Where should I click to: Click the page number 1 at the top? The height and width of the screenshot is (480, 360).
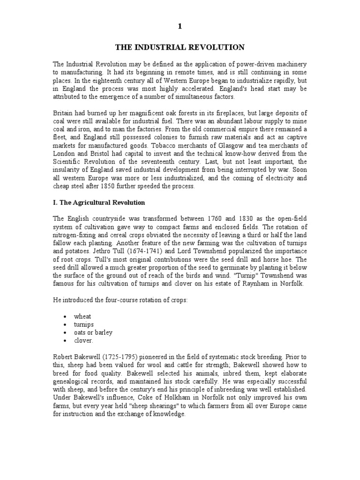pyautogui.click(x=180, y=27)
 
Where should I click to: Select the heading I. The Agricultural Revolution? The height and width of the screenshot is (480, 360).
pyautogui.click(x=99, y=202)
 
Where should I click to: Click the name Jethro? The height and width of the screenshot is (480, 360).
pyautogui.click(x=93, y=251)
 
